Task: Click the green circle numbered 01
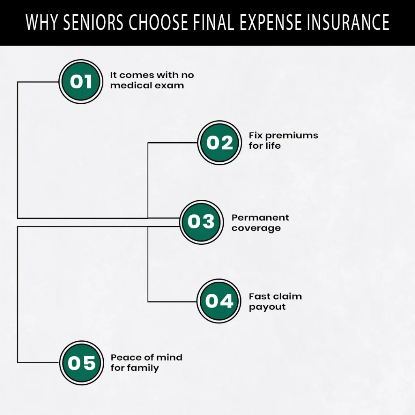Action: pyautogui.click(x=81, y=81)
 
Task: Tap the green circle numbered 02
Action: pyautogui.click(x=220, y=143)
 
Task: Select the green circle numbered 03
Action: pyautogui.click(x=201, y=222)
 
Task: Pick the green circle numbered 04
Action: pyautogui.click(x=219, y=301)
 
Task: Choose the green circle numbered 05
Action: pyautogui.click(x=81, y=363)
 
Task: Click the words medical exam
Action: pyautogui.click(x=147, y=86)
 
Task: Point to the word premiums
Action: pyautogui.click(x=291, y=135)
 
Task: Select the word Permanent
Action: pyautogui.click(x=260, y=218)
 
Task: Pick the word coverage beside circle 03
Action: pyautogui.click(x=256, y=228)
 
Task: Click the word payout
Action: pyautogui.click(x=267, y=307)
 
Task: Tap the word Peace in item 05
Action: pyautogui.click(x=125, y=357)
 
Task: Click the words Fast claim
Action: pyautogui.click(x=275, y=296)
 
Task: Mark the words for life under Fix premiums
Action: pyautogui.click(x=264, y=146)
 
